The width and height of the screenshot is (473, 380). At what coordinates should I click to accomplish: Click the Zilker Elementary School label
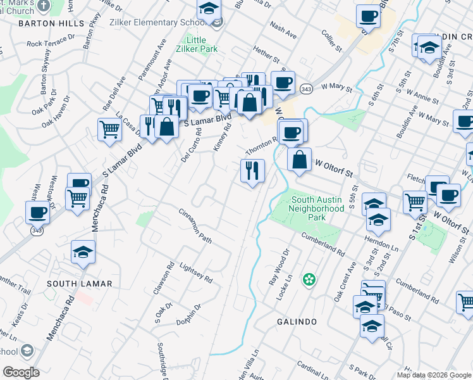170,23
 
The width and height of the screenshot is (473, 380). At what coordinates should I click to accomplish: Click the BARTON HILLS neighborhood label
51,23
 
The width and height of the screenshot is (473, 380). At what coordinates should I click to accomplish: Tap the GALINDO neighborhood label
297,322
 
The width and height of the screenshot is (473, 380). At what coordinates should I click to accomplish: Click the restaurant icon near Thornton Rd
252,170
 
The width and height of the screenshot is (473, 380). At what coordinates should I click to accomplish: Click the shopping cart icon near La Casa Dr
109,130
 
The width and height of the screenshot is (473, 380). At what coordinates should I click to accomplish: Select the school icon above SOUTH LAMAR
83,253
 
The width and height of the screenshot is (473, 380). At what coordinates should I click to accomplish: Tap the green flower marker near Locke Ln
309,279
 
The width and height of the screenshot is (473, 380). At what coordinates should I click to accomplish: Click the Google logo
21,372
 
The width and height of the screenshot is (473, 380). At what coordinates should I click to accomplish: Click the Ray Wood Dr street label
282,265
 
